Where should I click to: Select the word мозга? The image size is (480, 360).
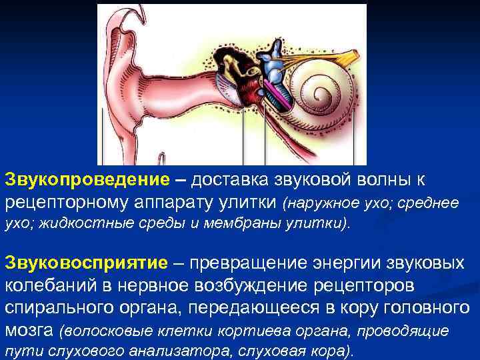29,330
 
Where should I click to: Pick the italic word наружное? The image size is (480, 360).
323,203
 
